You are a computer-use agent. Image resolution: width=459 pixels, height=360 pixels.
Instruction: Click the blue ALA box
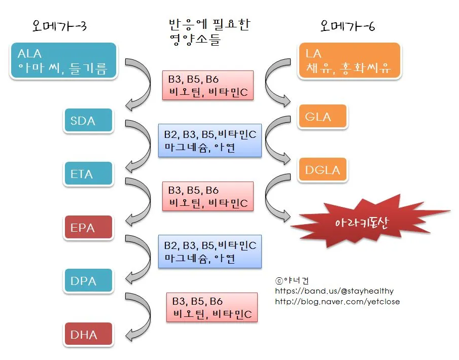[x=63, y=60]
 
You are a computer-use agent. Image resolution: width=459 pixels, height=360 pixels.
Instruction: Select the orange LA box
[x=349, y=60]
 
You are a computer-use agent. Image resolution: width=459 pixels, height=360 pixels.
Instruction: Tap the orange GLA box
[x=323, y=117]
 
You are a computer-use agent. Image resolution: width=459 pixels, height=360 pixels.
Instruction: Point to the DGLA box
[x=323, y=170]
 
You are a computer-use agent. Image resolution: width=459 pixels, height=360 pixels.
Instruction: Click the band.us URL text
[x=334, y=291]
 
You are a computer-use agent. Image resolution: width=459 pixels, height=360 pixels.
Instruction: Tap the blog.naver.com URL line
[x=337, y=302]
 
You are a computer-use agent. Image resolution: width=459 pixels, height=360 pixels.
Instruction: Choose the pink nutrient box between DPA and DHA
[x=212, y=307]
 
